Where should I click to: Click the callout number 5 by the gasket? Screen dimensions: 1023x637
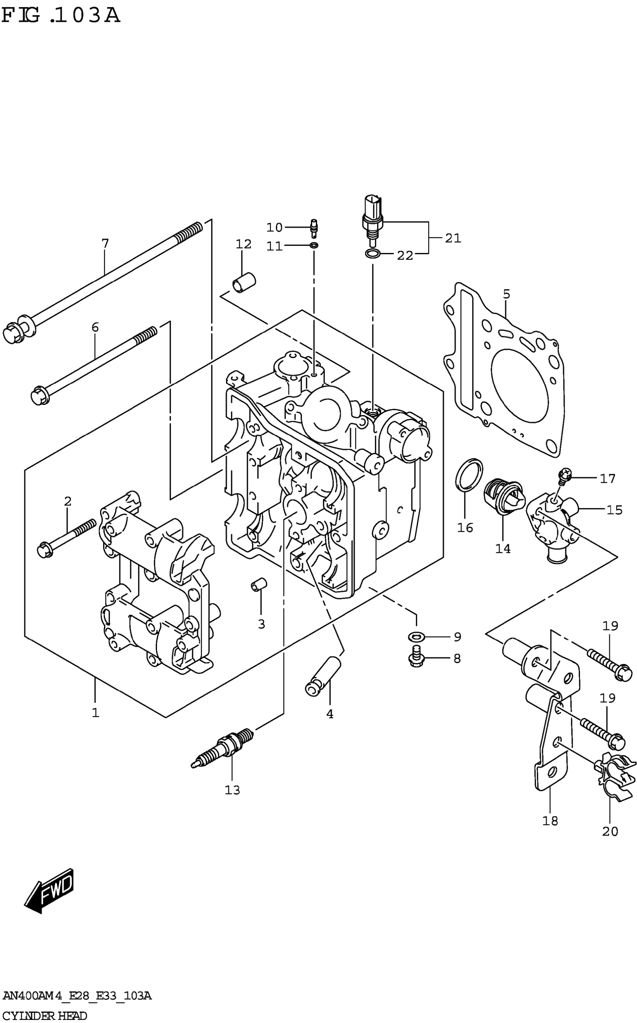point(506,294)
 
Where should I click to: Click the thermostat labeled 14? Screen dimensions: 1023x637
point(504,497)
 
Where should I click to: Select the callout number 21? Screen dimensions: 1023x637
point(453,238)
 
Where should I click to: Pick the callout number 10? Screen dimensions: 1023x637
point(274,228)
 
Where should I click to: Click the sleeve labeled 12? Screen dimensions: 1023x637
point(244,282)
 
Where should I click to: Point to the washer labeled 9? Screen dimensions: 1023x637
point(416,637)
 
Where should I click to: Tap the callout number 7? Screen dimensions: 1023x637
point(105,244)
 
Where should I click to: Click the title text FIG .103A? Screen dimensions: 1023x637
point(61,16)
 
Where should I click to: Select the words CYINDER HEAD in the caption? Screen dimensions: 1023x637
point(45,1016)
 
